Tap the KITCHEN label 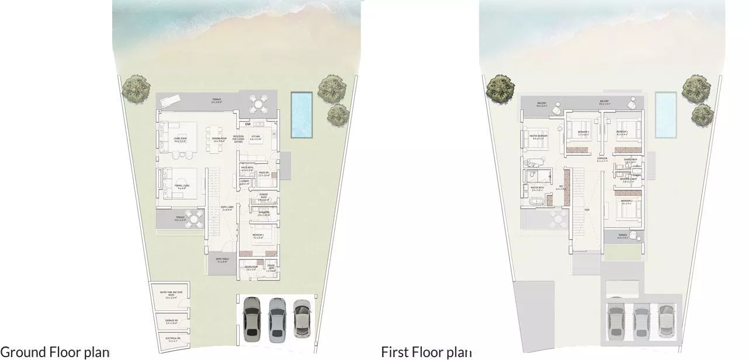click(256, 137)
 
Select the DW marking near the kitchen click(248, 124)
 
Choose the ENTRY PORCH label click(222, 259)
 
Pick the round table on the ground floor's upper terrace click(258, 104)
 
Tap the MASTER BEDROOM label click(538, 137)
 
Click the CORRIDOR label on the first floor click(602, 158)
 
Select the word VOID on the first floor click(587, 209)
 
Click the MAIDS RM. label click(264, 174)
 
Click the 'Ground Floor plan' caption click(55, 352)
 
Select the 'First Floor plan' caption click(426, 352)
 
